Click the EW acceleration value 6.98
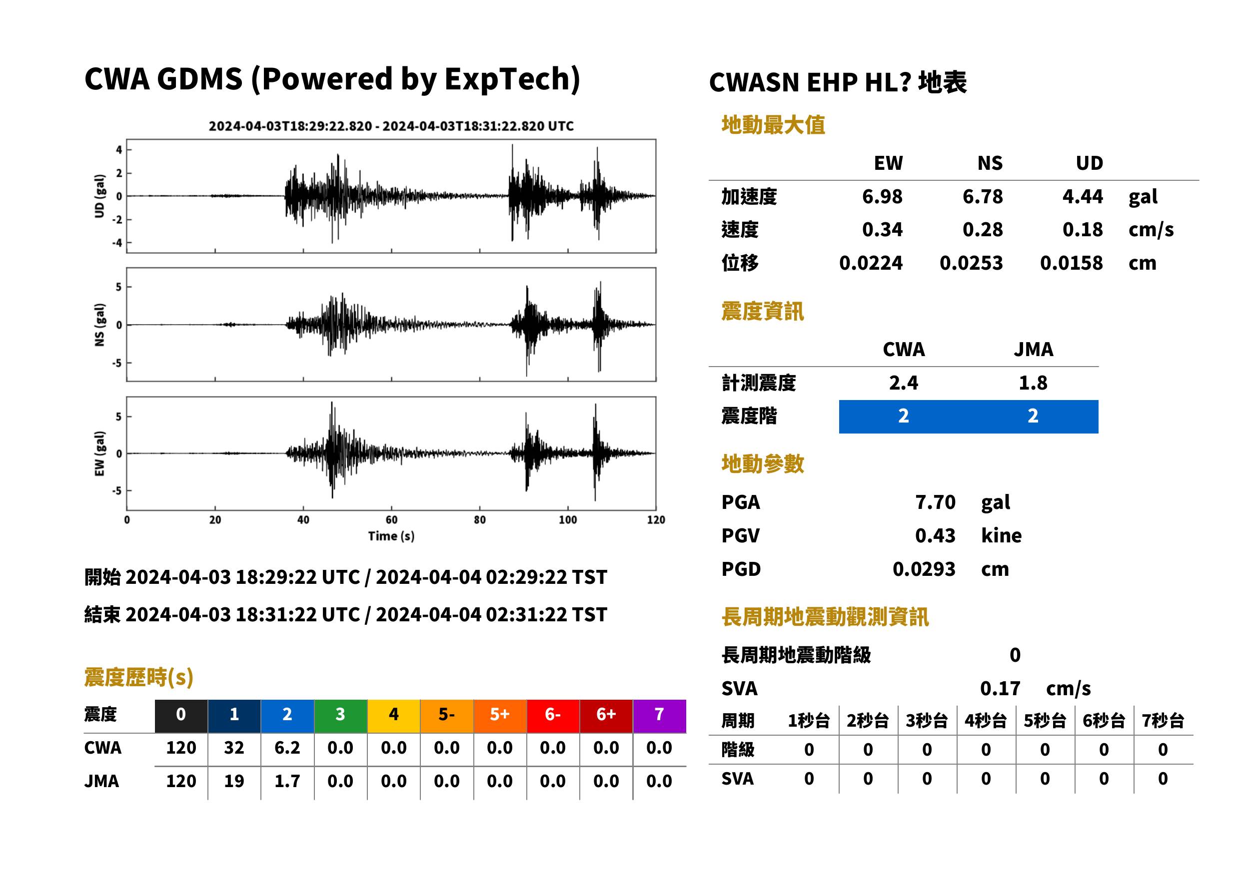point(882,196)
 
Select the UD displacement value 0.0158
point(1071,263)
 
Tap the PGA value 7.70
point(935,502)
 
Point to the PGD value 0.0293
point(924,569)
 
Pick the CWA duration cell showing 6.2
point(287,748)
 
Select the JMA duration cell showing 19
point(234,781)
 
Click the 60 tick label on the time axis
point(391,520)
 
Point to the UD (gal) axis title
point(99,196)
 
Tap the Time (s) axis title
point(391,536)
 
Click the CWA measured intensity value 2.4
point(903,383)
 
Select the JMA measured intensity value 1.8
point(1033,383)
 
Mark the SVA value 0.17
point(1000,688)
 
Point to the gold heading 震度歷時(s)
point(139,677)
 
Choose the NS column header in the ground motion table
point(990,163)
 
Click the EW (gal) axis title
point(99,453)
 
